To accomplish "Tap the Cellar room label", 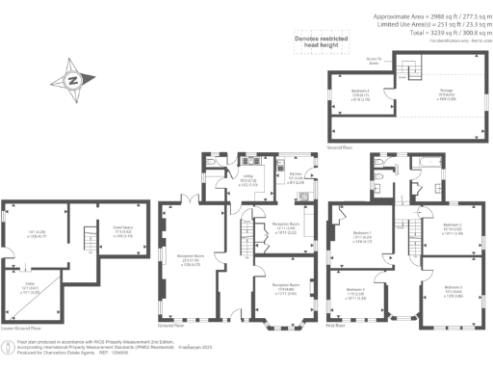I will [x=30, y=288].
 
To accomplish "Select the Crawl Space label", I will [x=122, y=230].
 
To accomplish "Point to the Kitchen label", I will [x=297, y=177].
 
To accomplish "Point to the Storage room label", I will [x=421, y=95].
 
